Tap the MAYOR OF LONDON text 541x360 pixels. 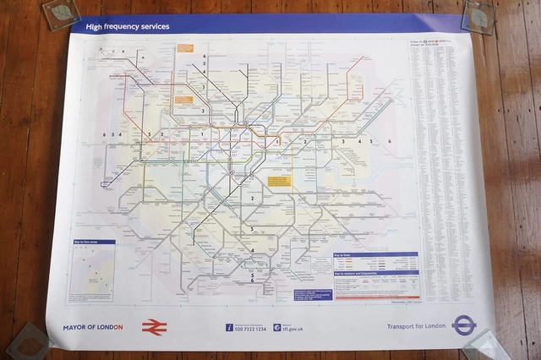click(x=93, y=327)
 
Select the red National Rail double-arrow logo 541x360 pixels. click(x=154, y=327)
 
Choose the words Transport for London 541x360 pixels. click(x=415, y=326)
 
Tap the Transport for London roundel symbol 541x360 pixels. click(x=464, y=325)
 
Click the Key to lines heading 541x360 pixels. click(x=347, y=254)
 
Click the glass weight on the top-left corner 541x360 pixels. click(x=61, y=14)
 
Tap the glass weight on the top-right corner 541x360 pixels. click(x=478, y=14)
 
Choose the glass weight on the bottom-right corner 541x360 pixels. click(x=486, y=346)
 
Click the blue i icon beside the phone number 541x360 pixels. click(x=228, y=328)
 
